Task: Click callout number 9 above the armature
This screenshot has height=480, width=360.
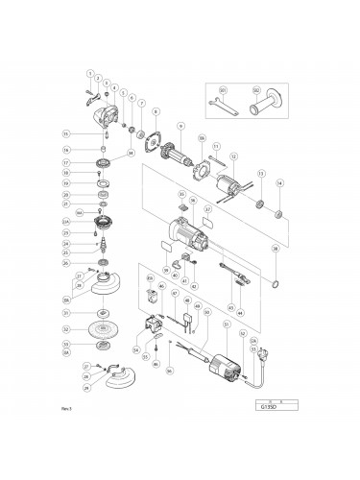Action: [180, 125]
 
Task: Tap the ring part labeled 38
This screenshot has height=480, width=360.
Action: [275, 285]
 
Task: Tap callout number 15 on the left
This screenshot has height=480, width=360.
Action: [65, 132]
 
